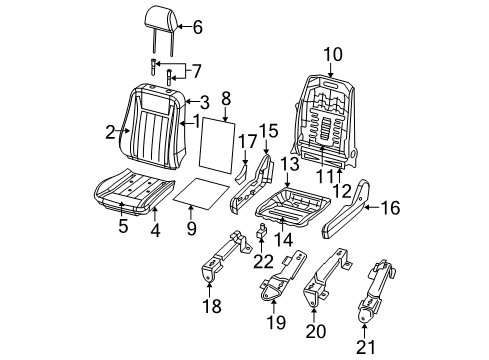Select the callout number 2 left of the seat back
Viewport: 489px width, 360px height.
110,129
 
